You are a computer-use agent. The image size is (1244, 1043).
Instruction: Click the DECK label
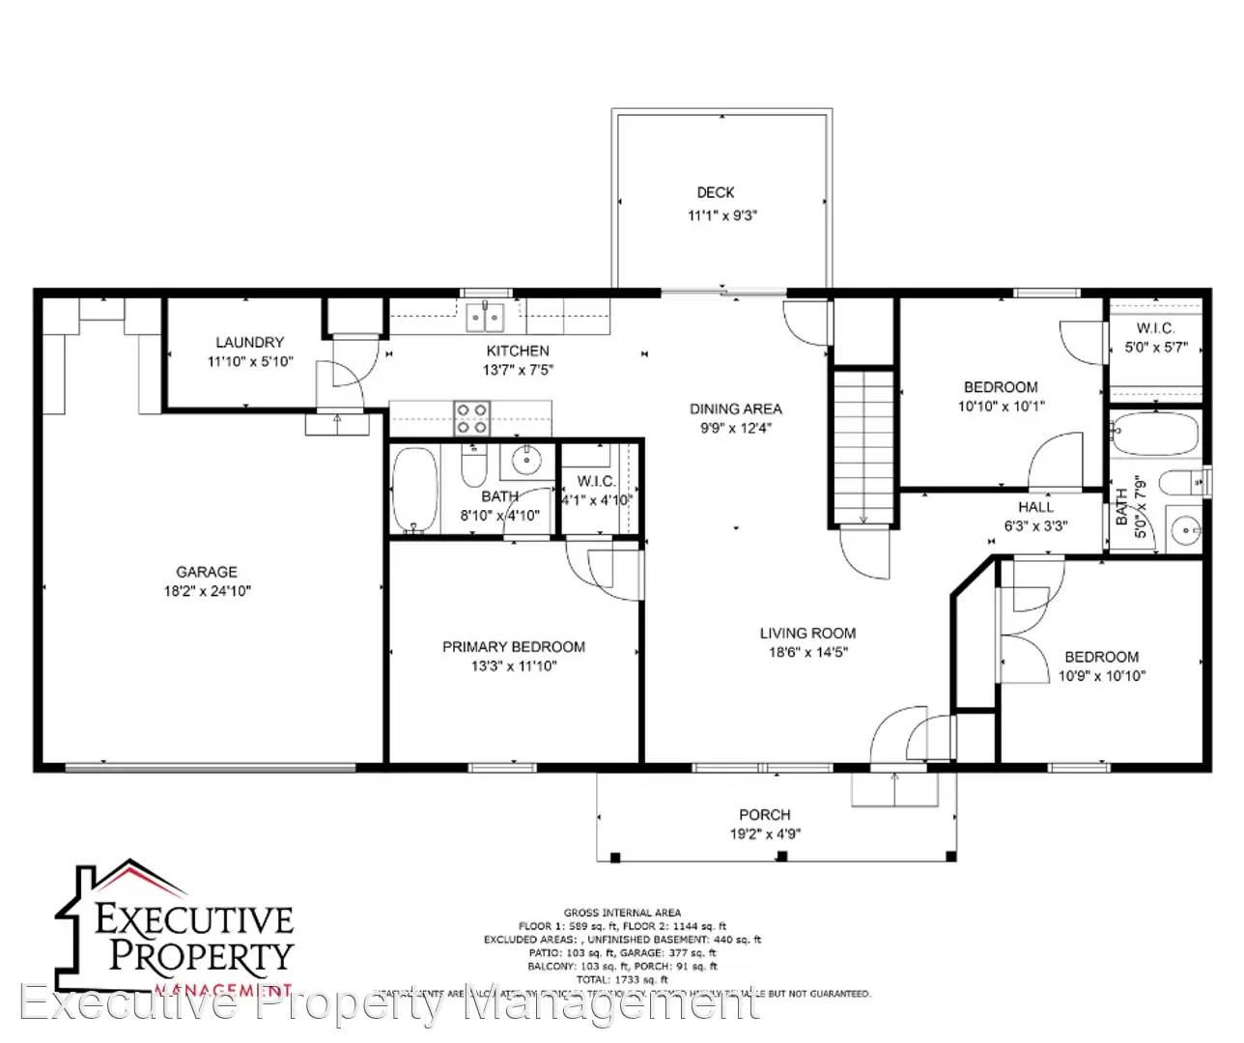tap(716, 192)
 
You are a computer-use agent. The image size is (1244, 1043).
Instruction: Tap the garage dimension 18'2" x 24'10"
tap(207, 591)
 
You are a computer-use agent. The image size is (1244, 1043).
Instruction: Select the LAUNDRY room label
tap(249, 342)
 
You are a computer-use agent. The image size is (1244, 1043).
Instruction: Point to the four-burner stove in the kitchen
tap(472, 418)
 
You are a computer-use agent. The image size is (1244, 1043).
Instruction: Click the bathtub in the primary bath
tap(415, 489)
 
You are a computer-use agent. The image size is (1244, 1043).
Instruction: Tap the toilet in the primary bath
tap(473, 468)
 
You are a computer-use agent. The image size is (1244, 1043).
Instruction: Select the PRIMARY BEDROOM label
tap(514, 646)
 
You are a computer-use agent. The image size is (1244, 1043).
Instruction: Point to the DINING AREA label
tap(735, 409)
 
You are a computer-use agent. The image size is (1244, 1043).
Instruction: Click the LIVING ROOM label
tap(807, 633)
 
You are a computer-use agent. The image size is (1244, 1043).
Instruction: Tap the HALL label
tap(1035, 506)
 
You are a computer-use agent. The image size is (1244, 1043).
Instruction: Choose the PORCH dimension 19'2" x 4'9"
tap(765, 834)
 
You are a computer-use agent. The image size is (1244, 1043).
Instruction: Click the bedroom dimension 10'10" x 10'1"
tap(1001, 407)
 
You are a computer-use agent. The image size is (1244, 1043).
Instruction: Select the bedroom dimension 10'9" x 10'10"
tap(1101, 676)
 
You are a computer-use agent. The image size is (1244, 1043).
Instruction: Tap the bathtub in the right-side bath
tap(1154, 433)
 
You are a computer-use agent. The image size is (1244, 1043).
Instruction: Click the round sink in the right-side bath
tap(1184, 529)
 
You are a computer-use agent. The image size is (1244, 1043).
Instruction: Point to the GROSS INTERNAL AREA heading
tap(622, 913)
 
